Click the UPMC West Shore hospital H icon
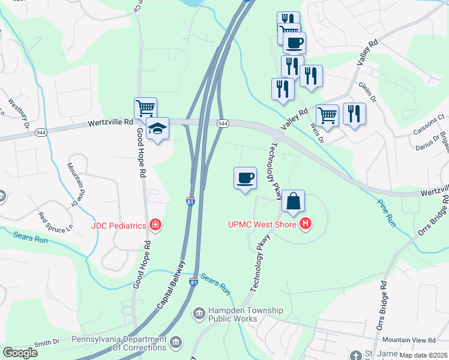click(306, 225)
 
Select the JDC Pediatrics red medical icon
click(155, 225)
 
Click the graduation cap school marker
click(158, 128)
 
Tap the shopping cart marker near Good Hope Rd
click(145, 109)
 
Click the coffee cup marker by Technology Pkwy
click(244, 178)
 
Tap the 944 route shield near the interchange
click(223, 123)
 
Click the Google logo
click(20, 353)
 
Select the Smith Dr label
click(47, 343)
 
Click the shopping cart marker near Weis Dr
click(327, 115)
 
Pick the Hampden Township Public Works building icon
click(199, 314)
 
